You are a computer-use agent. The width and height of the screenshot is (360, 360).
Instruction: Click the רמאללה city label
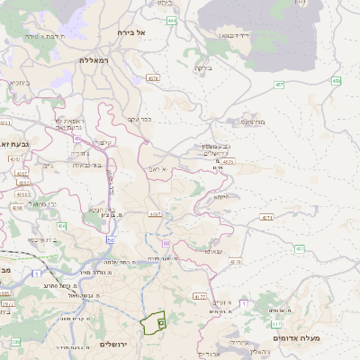click(93, 59)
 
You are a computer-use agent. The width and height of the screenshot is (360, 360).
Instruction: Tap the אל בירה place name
click(130, 32)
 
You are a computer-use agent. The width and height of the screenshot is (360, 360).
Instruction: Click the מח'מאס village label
click(251, 121)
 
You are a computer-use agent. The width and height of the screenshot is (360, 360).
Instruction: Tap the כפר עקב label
click(139, 118)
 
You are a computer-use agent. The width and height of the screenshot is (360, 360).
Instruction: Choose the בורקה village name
click(202, 67)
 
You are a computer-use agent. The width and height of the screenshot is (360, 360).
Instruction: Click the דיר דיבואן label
click(234, 35)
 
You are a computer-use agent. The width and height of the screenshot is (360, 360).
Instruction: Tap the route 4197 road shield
click(155, 213)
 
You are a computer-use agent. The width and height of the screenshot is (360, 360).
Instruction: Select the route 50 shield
click(110, 239)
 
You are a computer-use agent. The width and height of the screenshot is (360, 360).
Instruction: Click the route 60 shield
click(166, 243)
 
